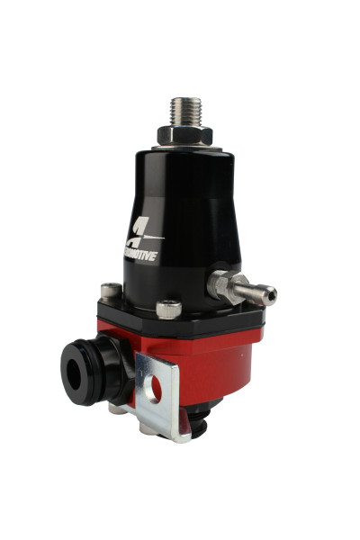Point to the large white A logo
(143, 237)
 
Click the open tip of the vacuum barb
(272, 292)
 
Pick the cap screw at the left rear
(112, 291)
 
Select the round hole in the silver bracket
(157, 391)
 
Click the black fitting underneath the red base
(200, 416)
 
